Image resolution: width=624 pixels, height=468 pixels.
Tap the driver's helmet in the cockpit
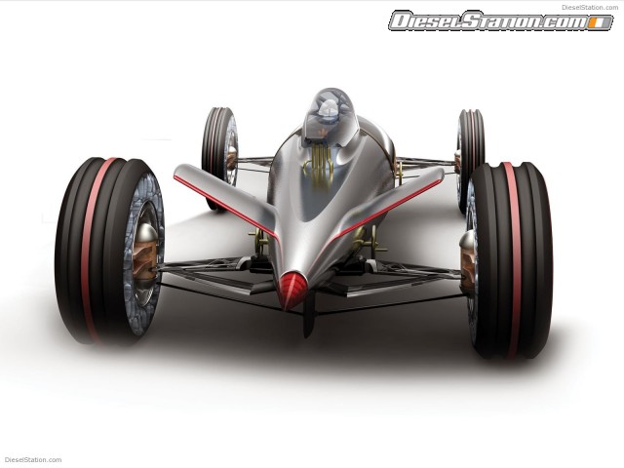coord(329,110)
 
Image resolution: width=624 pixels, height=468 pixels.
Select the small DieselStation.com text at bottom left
coord(33,460)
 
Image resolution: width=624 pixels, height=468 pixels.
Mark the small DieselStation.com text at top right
coord(590,6)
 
